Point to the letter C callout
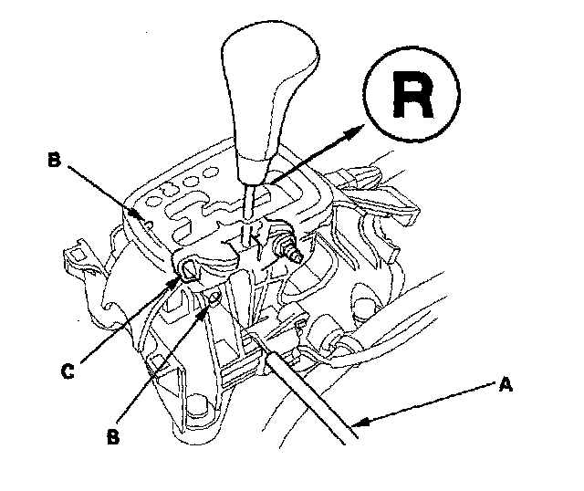point(67,371)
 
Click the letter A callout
point(506,384)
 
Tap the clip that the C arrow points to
point(189,268)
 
